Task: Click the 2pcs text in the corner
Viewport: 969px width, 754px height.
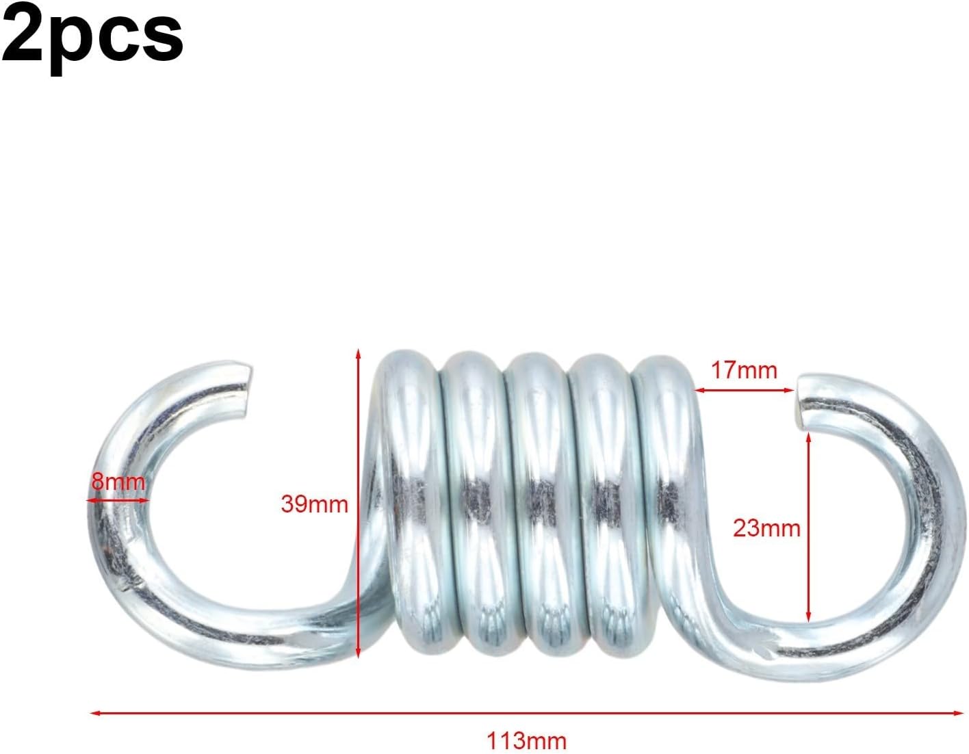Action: click(x=92, y=33)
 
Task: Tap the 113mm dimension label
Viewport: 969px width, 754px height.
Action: click(x=526, y=740)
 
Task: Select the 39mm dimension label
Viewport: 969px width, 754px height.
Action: click(x=314, y=504)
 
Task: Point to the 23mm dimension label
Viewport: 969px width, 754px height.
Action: click(x=766, y=528)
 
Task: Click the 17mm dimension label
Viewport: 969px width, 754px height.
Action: click(x=744, y=370)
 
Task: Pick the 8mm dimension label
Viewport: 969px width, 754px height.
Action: click(x=118, y=482)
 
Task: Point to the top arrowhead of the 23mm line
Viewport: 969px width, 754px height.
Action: click(x=809, y=437)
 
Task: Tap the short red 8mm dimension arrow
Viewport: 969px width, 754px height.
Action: click(x=118, y=500)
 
